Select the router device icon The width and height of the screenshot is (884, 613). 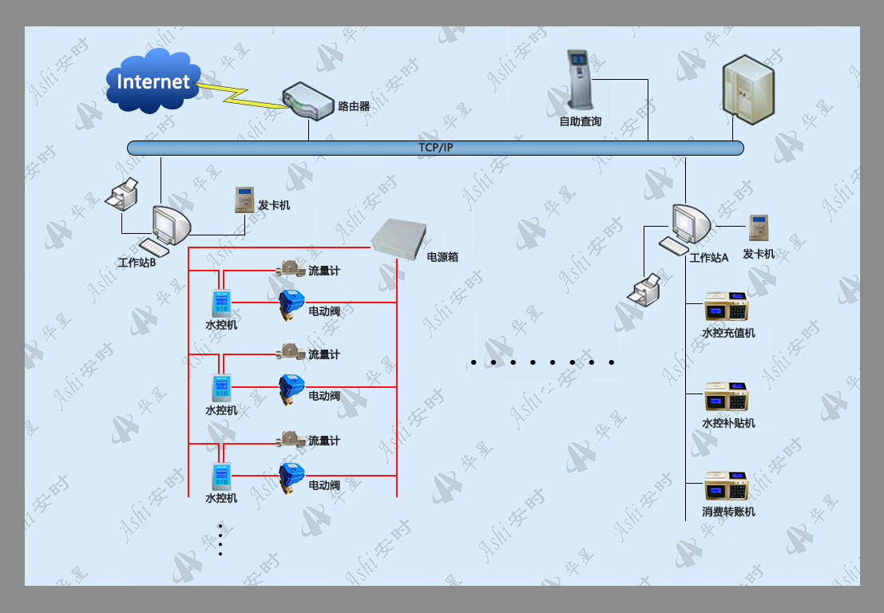pos(307,101)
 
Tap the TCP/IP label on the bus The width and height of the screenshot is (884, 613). pos(435,148)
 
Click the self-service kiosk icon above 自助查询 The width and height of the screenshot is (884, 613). pos(579,80)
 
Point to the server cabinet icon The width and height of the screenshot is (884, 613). pos(748,90)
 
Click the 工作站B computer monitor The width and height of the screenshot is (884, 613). pos(172,224)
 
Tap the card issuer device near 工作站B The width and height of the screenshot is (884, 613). pos(244,200)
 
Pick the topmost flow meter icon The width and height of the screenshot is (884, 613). pos(291,268)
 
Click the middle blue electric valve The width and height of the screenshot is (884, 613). pos(291,389)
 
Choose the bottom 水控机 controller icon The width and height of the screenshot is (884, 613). pos(221,477)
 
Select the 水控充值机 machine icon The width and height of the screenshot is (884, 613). pos(726,307)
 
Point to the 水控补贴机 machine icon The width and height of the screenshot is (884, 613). pos(726,397)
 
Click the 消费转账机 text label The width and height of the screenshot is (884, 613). pos(728,512)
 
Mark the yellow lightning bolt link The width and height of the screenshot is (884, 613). pos(243,95)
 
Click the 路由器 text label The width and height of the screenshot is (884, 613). pos(354,106)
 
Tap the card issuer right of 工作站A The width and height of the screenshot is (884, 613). pos(759,227)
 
